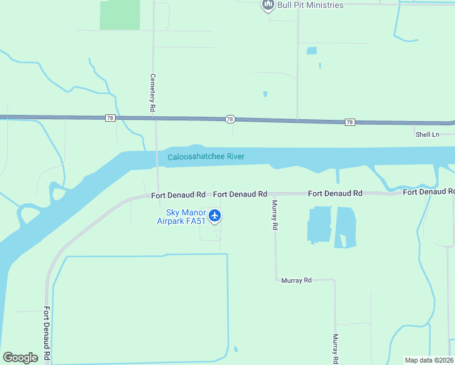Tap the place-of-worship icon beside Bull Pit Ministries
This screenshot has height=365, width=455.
tap(268, 5)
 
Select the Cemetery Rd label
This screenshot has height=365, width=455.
tap(153, 92)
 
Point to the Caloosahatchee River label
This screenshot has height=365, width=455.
tap(206, 157)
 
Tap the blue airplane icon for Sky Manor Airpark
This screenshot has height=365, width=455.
tap(215, 215)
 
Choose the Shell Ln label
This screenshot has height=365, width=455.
tap(427, 134)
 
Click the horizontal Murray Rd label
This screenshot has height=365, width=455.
tap(296, 280)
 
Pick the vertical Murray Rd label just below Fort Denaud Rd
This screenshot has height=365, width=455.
tap(275, 215)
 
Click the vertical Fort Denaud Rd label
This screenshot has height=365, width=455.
tap(46, 334)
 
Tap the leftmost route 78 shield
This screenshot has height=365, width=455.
tap(109, 117)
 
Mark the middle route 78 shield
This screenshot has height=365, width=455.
tap(230, 120)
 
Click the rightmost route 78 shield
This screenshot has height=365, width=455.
tap(349, 122)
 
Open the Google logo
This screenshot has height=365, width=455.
tap(20, 358)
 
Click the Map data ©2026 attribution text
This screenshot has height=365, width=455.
tap(429, 360)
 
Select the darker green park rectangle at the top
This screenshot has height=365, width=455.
tap(120, 15)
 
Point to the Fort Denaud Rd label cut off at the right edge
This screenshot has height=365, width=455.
tap(428, 192)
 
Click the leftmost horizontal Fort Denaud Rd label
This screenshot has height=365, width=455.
tap(178, 195)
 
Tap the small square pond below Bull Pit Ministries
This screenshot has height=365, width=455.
tap(312, 51)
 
